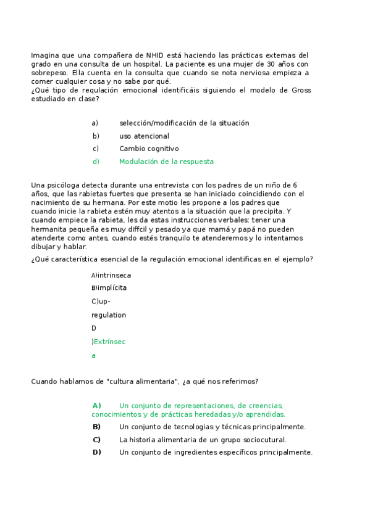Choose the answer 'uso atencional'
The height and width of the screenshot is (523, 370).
[x=144, y=136]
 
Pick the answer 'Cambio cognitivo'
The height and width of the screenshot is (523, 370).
[x=149, y=149]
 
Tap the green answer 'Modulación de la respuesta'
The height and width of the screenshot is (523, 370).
[x=166, y=162]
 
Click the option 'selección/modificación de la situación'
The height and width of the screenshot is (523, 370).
[x=184, y=123]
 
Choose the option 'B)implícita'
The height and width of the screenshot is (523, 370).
[x=109, y=287]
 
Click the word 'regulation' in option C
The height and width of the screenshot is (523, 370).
[x=109, y=315]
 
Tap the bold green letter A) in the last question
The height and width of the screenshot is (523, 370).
[x=96, y=405]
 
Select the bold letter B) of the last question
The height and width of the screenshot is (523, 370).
[x=96, y=427]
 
